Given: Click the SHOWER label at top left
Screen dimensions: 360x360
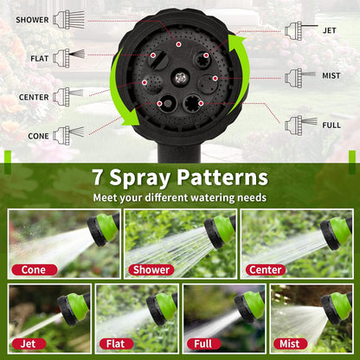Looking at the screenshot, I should pos(32,18).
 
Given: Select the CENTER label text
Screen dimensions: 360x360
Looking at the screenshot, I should pos(34,97).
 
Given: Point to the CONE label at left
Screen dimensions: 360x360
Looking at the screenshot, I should pos(37,135).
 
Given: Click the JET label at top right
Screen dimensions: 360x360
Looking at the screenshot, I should pos(329,30).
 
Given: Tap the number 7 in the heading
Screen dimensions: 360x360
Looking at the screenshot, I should pos(100,178).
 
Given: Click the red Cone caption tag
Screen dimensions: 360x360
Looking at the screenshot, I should pos(35,269).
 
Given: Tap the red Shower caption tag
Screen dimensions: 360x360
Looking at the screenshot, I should pos(151,269).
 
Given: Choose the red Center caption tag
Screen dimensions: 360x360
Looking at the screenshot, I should pos(265,269).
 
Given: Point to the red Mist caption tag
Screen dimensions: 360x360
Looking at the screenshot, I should pos(290,344).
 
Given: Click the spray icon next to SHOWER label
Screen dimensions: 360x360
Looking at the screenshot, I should pos(68,18).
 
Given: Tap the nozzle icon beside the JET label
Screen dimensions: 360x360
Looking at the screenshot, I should pos(298,30).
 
